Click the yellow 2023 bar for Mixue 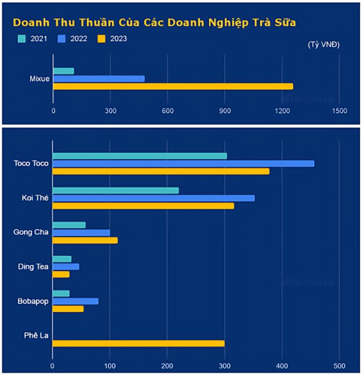tap(173, 86)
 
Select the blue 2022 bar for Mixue tap(99, 79)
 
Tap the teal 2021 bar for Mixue tap(64, 71)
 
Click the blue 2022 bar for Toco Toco tap(183, 164)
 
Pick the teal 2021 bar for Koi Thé tap(116, 190)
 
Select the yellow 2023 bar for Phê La tap(139, 343)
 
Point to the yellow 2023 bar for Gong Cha tap(85, 240)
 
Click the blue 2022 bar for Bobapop tap(76, 301)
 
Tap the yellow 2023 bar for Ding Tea tap(61, 274)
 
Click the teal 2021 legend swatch tap(22, 39)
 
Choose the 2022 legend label tap(78, 39)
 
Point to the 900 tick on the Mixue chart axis tap(225, 111)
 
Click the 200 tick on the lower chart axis tap(167, 365)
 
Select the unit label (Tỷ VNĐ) tap(324, 45)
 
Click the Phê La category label tap(36, 335)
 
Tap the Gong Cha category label tap(31, 232)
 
